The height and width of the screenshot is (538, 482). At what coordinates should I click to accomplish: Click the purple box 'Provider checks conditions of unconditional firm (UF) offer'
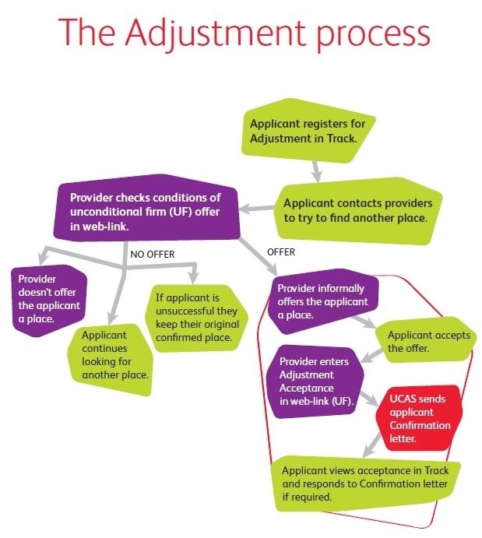pos(147,209)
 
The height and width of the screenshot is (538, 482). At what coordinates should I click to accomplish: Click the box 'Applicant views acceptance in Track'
pos(364,483)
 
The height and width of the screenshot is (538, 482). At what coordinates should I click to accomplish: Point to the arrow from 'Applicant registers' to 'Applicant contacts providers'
pos(315,167)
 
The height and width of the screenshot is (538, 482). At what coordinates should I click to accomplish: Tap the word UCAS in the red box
pos(405,399)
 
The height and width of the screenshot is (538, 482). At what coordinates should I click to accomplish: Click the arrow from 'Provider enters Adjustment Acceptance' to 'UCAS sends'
pos(367,395)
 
